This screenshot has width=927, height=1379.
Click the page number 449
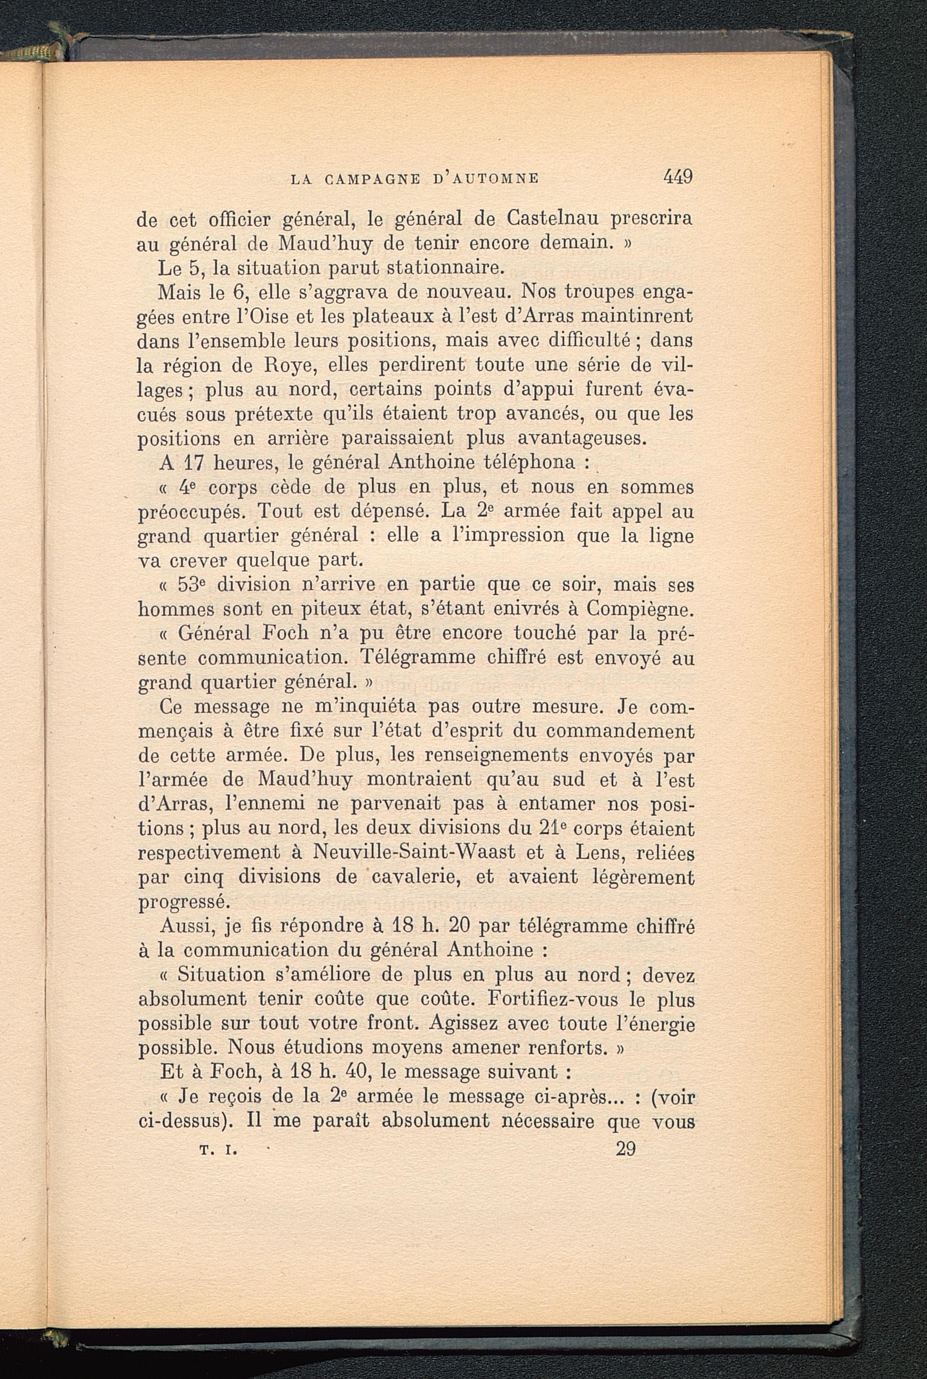[x=678, y=177]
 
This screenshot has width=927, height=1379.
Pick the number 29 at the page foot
[x=625, y=1149]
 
